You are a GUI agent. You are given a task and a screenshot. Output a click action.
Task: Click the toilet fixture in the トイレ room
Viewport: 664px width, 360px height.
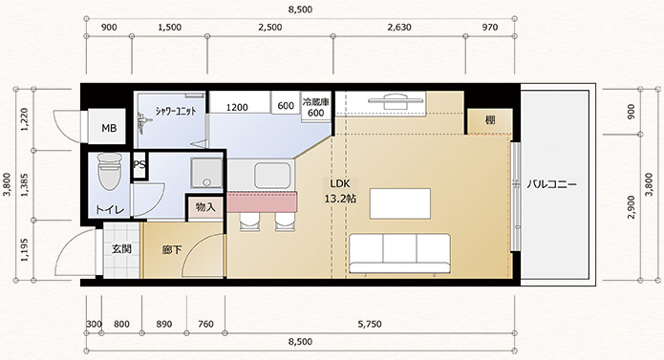click(110, 171)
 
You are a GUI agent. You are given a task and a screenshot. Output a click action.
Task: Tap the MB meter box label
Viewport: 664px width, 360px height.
click(109, 128)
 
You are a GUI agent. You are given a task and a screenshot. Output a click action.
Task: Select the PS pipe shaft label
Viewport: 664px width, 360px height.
click(139, 164)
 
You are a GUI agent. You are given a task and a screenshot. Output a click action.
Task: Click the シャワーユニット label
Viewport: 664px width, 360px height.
click(176, 112)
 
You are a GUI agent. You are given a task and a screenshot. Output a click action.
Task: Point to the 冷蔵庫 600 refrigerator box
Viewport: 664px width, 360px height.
click(315, 108)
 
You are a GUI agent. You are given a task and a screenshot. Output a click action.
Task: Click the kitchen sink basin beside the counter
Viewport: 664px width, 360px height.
click(273, 175)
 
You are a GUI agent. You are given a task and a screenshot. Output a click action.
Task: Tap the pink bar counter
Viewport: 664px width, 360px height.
click(262, 201)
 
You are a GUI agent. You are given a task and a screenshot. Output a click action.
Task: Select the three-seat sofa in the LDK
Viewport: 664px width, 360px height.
click(399, 253)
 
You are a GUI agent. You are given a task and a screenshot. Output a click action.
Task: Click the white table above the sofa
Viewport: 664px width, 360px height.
click(400, 203)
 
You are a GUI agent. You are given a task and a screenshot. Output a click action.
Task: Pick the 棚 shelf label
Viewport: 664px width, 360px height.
click(490, 120)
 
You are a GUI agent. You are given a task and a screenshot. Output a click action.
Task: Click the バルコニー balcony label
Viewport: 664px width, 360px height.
click(552, 185)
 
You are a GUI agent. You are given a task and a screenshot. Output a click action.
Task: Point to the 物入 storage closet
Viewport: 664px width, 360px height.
click(205, 207)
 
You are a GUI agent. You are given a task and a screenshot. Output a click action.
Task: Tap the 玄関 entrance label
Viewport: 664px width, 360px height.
click(121, 249)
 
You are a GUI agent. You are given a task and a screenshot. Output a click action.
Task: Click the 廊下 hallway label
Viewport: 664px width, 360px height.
click(172, 250)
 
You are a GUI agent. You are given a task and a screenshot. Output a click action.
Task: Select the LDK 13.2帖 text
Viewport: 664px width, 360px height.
click(340, 191)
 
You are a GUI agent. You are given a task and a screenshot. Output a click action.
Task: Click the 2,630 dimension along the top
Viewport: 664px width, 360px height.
click(399, 28)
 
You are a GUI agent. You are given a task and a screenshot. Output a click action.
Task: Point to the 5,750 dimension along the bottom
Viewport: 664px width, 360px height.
click(370, 325)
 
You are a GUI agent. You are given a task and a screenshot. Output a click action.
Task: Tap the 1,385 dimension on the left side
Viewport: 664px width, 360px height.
click(24, 185)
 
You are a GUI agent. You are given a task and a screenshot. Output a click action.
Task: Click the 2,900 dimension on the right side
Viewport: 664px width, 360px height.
click(631, 207)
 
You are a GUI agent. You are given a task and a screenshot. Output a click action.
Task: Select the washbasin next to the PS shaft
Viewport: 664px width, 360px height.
click(206, 173)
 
